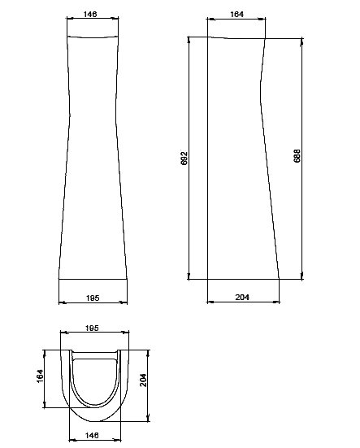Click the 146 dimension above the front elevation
click(x=90, y=14)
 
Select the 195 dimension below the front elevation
click(x=93, y=298)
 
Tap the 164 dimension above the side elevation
click(x=236, y=14)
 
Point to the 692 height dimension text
click(x=184, y=158)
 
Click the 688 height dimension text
click(x=297, y=156)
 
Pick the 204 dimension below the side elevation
click(x=242, y=297)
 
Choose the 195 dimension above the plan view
click(x=92, y=328)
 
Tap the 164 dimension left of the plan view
click(x=40, y=376)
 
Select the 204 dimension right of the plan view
click(x=143, y=380)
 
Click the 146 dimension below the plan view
click(x=92, y=435)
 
